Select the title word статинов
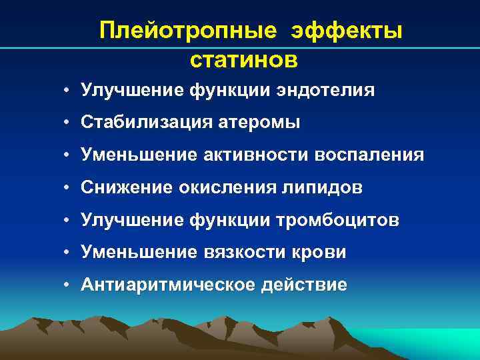pyautogui.click(x=243, y=59)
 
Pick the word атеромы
pyautogui.click(x=261, y=123)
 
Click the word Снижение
pyautogui.click(x=126, y=188)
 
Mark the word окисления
pyautogui.click(x=222, y=188)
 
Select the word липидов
pyautogui.click(x=321, y=188)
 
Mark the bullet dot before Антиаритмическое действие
pyautogui.click(x=68, y=286)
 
